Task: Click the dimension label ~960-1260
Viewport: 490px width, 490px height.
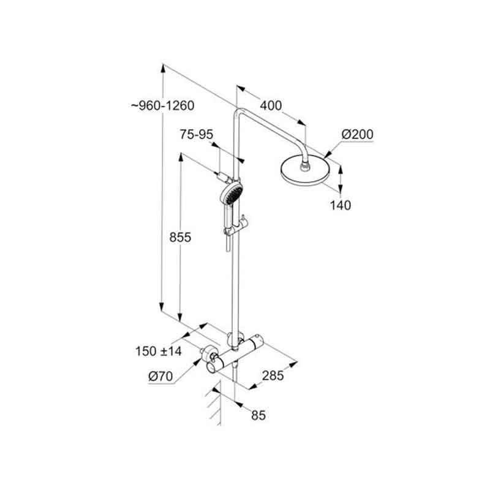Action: pyautogui.click(x=162, y=105)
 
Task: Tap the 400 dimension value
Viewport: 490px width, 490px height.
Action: pyautogui.click(x=271, y=105)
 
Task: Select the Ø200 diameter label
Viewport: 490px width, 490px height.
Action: pyautogui.click(x=357, y=134)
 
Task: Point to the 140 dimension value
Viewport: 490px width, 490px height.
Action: pyautogui.click(x=341, y=205)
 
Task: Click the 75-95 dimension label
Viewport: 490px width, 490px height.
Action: pyautogui.click(x=196, y=134)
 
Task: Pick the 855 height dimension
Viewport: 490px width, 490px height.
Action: pyautogui.click(x=180, y=237)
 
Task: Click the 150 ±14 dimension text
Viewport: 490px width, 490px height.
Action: pyautogui.click(x=159, y=351)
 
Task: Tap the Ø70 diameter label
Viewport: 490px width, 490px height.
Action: pyautogui.click(x=160, y=376)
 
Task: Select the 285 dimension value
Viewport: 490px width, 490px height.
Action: pyautogui.click(x=273, y=375)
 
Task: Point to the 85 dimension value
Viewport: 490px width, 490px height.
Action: pyautogui.click(x=258, y=415)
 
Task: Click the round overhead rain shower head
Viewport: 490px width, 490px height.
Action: pyautogui.click(x=305, y=173)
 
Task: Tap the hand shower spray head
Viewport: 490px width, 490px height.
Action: pyautogui.click(x=232, y=192)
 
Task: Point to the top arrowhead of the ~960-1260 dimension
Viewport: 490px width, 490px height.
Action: pyautogui.click(x=162, y=68)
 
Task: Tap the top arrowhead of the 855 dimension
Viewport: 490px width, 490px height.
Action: pyautogui.click(x=180, y=157)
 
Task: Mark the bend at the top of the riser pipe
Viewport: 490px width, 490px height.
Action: pyautogui.click(x=239, y=111)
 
